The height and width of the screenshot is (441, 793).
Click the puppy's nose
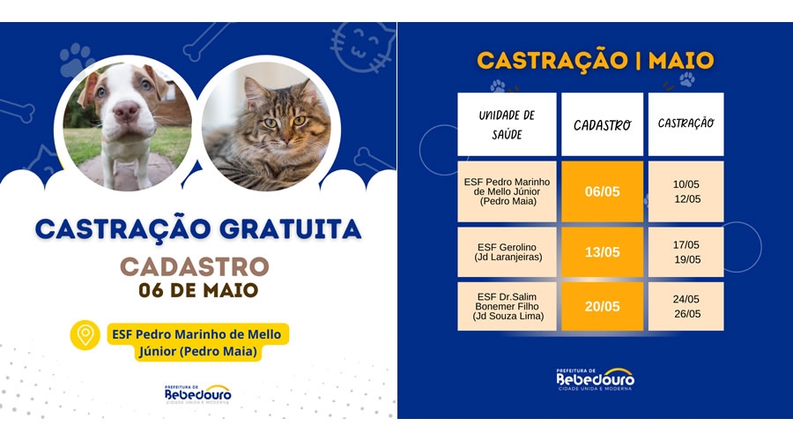pyautogui.click(x=125, y=110)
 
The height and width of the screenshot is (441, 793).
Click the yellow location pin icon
pyautogui.click(x=85, y=335)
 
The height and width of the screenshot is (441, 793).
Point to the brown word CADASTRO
pyautogui.click(x=194, y=267)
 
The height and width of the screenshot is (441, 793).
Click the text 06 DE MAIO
pyautogui.click(x=198, y=291)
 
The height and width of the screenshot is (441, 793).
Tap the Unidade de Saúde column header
pyautogui.click(x=507, y=124)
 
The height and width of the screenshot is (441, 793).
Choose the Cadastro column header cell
pyautogui.click(x=602, y=124)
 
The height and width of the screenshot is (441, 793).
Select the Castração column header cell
pyautogui.click(x=686, y=124)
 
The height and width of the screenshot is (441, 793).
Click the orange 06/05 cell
pyautogui.click(x=602, y=191)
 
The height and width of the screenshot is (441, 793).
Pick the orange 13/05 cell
pyautogui.click(x=602, y=252)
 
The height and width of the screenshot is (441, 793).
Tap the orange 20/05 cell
pyautogui.click(x=602, y=306)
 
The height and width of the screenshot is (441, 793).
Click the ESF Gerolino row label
pyautogui.click(x=507, y=252)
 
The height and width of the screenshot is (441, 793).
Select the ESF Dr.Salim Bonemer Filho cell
pyautogui.click(x=507, y=306)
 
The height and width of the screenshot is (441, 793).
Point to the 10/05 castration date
pyautogui.click(x=686, y=184)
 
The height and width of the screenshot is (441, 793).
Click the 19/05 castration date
pyautogui.click(x=687, y=259)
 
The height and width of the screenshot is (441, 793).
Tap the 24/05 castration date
pyautogui.click(x=686, y=299)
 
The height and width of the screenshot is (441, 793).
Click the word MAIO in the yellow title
pyautogui.click(x=681, y=61)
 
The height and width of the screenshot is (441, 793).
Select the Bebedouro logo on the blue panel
pyautogui.click(x=596, y=379)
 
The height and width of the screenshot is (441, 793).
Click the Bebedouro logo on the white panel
pyautogui.click(x=198, y=394)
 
